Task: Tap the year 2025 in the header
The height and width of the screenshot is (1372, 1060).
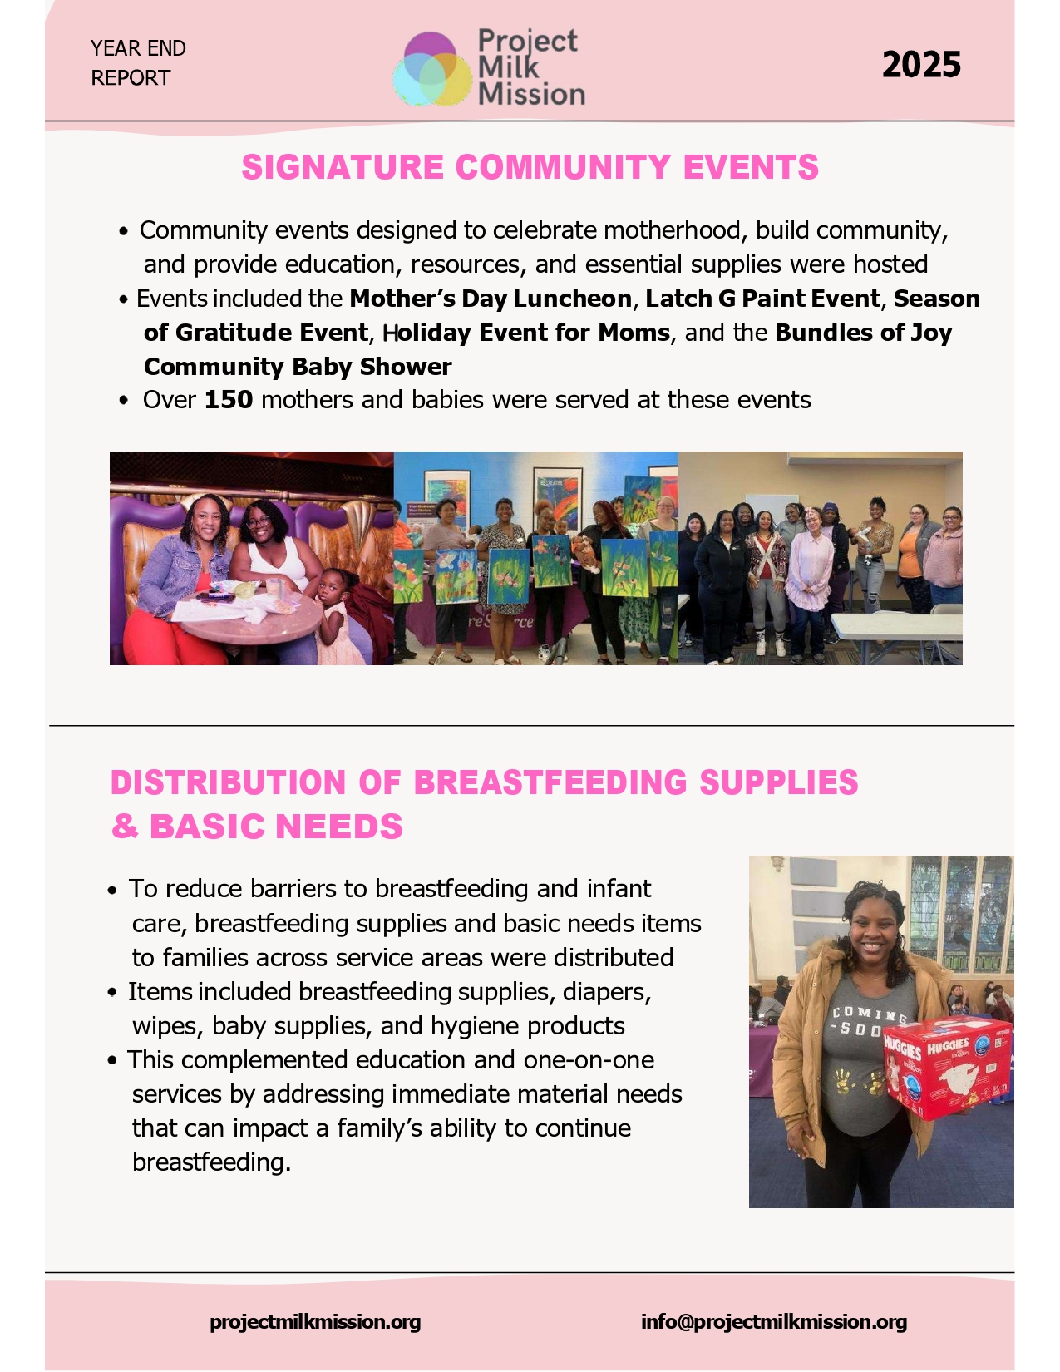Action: click(x=921, y=65)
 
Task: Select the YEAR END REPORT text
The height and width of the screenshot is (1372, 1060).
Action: click(x=138, y=62)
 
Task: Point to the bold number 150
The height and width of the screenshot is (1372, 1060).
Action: click(x=229, y=400)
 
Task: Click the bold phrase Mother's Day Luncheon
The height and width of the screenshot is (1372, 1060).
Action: click(x=491, y=299)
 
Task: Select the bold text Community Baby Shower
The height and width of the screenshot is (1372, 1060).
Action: click(x=298, y=367)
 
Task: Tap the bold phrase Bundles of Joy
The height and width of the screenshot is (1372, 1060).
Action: click(x=863, y=333)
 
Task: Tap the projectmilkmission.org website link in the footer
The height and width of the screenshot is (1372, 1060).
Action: click(x=315, y=1321)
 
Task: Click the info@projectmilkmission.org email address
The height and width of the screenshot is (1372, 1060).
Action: click(x=773, y=1321)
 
